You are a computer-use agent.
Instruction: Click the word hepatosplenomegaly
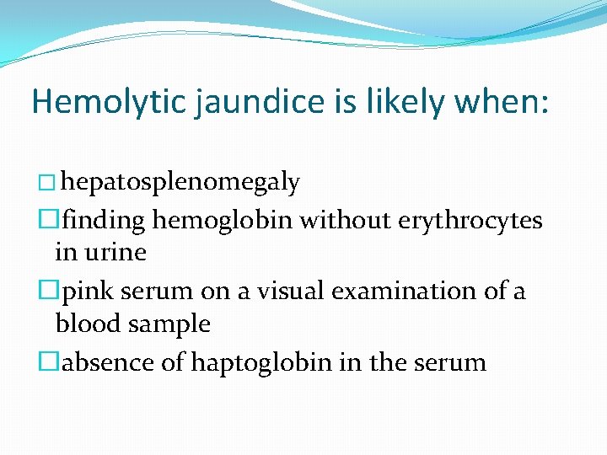point(181,182)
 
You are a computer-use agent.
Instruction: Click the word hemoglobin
point(223,220)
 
